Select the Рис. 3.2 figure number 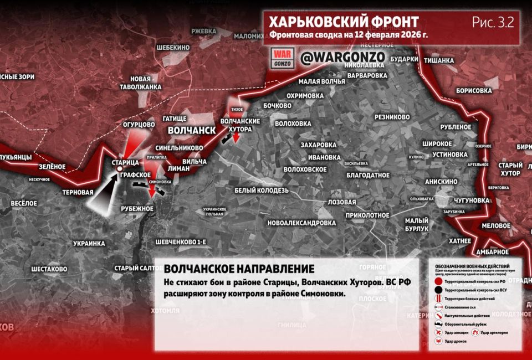pos(493,22)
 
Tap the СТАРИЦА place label pos(125,163)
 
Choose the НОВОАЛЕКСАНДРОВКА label pos(301,223)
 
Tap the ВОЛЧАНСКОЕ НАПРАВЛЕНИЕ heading pos(239,269)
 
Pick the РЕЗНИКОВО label pos(392,117)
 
